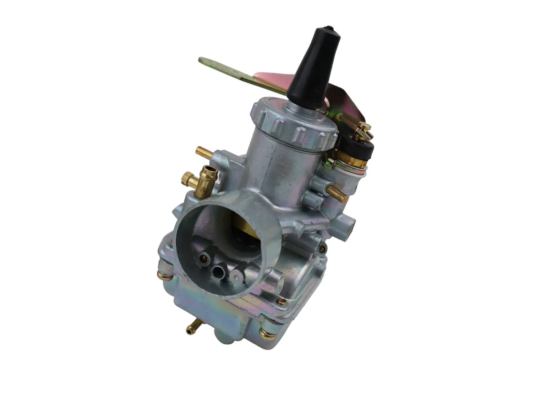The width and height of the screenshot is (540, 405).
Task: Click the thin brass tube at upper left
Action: point(204,153)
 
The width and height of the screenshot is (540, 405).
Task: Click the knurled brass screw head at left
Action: point(188,179)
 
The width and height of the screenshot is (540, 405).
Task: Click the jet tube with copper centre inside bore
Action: point(203,259)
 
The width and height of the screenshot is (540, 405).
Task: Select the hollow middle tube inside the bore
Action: point(219,272)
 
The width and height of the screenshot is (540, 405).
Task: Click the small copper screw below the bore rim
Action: point(281,301)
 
